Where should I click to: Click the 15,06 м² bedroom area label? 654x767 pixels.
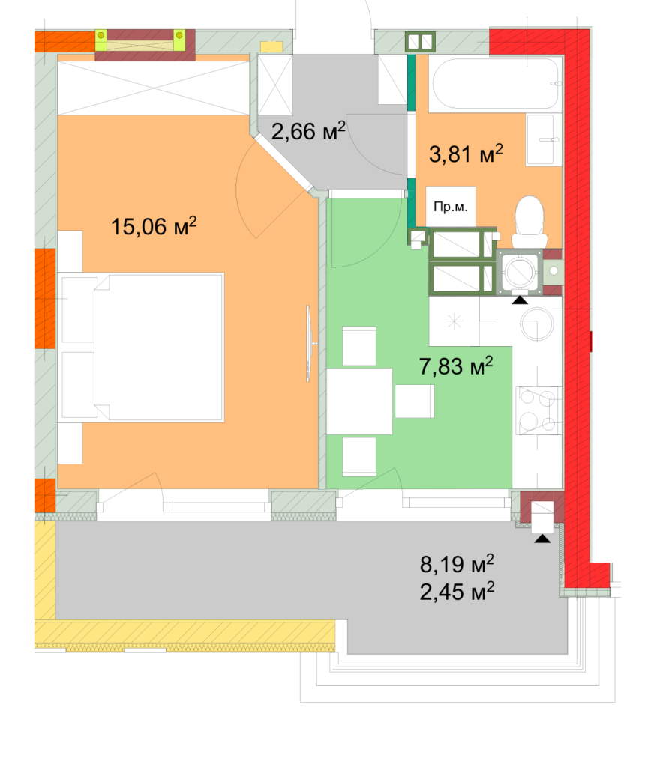point(154,225)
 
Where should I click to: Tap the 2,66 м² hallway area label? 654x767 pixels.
point(308,133)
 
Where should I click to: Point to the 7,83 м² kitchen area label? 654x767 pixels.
point(455,367)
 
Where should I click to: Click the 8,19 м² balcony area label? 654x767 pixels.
point(457,563)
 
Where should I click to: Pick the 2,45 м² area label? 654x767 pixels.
point(457,592)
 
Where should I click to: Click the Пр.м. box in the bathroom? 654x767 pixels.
point(451,206)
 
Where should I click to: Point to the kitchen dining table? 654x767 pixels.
point(359,401)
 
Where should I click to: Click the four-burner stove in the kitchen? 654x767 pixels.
point(538,410)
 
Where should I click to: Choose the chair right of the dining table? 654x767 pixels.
point(415,401)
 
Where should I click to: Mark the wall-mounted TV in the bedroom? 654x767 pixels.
point(309,343)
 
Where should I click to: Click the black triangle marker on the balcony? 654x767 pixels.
point(541,538)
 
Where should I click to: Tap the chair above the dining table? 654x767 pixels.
point(358,346)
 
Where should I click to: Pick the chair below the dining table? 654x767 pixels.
point(358,456)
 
